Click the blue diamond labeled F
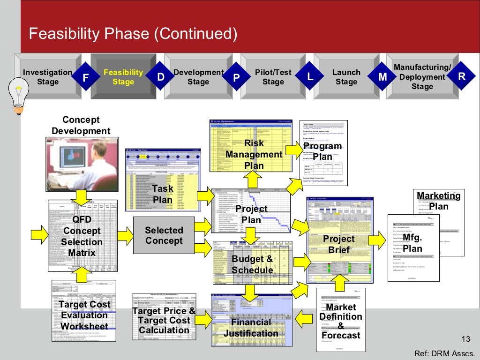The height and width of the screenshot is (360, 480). (x=85, y=78)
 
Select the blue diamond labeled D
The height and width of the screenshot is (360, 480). (x=160, y=77)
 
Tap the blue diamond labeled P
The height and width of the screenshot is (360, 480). (x=236, y=78)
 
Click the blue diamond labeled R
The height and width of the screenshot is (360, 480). (x=461, y=77)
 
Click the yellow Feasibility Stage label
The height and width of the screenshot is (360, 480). (x=123, y=77)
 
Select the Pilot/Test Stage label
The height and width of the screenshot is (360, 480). (x=273, y=77)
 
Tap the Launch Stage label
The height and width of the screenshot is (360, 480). (x=346, y=77)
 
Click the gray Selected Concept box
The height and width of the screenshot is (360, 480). (x=164, y=236)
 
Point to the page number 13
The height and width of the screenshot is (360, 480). (x=465, y=340)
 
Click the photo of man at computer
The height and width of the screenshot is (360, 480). (x=82, y=164)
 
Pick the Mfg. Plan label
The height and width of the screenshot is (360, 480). (x=412, y=243)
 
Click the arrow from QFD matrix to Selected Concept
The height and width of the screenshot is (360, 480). (x=125, y=234)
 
